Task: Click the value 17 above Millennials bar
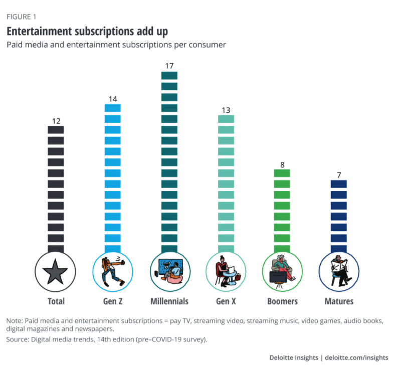[x=169, y=66]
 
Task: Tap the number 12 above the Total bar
[x=56, y=120]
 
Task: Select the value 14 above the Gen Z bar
[x=113, y=99]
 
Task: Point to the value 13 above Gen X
[x=226, y=110]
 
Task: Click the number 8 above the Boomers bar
[x=283, y=164]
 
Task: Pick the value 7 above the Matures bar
[x=339, y=175]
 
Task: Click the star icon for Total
[x=56, y=272]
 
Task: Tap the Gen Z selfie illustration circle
[x=113, y=272]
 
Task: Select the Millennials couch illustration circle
[x=169, y=272]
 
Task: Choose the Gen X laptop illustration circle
[x=226, y=272]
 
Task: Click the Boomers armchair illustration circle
[x=283, y=272]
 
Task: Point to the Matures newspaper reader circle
[x=339, y=272]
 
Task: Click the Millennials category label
[x=169, y=301]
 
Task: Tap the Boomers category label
[x=283, y=301]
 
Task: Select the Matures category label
[x=339, y=301]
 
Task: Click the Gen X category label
[x=226, y=301]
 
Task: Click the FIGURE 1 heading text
[x=21, y=17]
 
